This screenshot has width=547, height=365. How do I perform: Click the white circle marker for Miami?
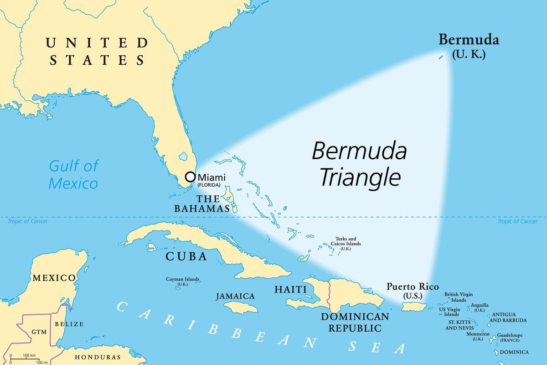click(x=190, y=177)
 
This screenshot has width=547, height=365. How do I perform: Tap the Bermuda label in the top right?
click(x=469, y=40)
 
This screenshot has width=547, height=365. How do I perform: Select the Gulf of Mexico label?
click(x=73, y=174)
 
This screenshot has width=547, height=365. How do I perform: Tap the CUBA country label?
click(x=186, y=256)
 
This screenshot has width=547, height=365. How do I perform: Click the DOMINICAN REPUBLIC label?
click(x=355, y=322)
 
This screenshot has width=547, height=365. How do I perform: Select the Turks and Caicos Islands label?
click(x=348, y=244)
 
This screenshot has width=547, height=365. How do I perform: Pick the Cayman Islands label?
click(x=182, y=281)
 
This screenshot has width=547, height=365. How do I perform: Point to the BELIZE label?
click(x=69, y=324)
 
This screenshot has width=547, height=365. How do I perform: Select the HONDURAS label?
click(x=98, y=357)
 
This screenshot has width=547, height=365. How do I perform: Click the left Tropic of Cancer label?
click(x=27, y=221)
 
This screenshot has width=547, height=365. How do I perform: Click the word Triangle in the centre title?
click(x=360, y=177)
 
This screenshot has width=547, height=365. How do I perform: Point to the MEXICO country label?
click(x=54, y=278)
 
